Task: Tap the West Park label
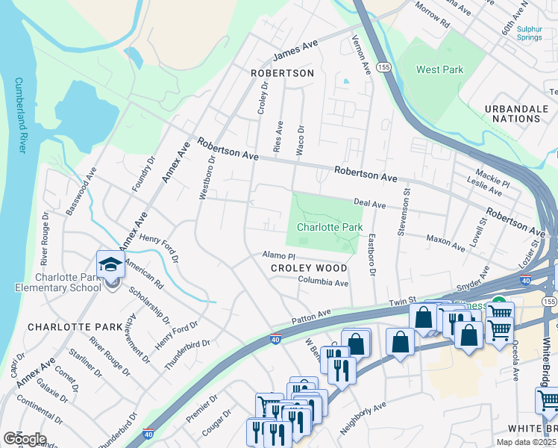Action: pyautogui.click(x=439, y=70)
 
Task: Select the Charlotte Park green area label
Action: pyautogui.click(x=330, y=227)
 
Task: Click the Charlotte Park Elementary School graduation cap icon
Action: pyautogui.click(x=110, y=266)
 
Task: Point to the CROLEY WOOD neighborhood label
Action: pyautogui.click(x=309, y=268)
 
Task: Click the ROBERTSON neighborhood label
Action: pyautogui.click(x=282, y=73)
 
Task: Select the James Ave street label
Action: pyautogui.click(x=295, y=51)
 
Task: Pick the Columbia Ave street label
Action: pyautogui.click(x=324, y=283)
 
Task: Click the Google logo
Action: pyautogui.click(x=25, y=439)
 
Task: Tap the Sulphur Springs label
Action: pyautogui.click(x=535, y=33)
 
